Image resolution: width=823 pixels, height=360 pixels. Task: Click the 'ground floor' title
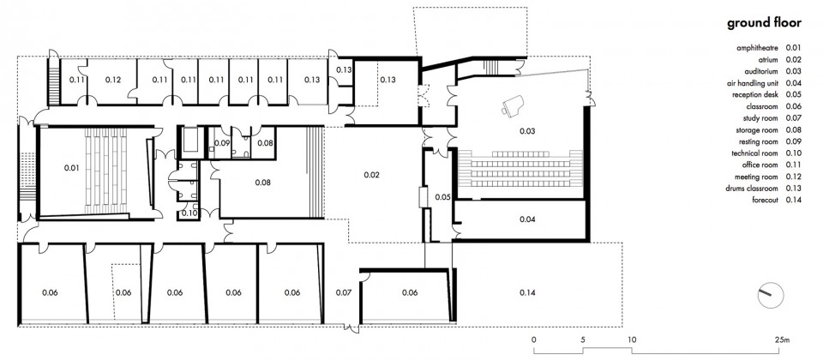pos(764,23)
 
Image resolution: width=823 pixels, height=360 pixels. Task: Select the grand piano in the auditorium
pos(511,105)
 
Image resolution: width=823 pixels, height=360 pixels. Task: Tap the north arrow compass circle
pos(770,295)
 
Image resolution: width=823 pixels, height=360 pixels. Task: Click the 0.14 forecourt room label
pos(527,292)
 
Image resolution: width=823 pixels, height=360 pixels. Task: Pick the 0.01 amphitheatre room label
pos(71,168)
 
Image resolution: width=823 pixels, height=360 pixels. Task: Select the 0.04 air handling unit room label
pos(527,219)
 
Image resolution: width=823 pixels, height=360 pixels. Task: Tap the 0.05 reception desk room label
pos(442,197)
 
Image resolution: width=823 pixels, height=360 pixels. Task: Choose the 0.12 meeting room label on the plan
pos(113,80)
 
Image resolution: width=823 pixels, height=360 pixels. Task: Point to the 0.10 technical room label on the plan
pos(189,213)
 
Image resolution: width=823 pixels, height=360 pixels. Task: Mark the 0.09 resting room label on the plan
pos(221,142)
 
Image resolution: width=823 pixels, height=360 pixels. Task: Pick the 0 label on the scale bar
pos(534,339)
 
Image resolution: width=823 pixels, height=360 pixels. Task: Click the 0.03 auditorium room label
pos(527,131)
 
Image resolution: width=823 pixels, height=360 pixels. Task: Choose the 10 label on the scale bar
pos(632,339)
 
